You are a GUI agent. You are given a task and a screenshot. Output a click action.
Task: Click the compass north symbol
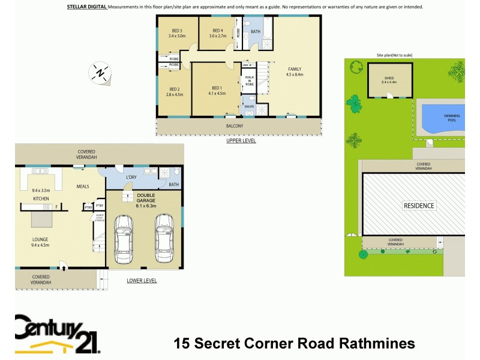pos(100,73)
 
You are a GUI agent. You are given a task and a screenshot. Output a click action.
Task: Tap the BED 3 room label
pos(177,31)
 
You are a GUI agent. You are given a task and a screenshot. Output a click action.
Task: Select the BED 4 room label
pos(217,31)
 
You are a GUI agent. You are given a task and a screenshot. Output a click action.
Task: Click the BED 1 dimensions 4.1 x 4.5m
pos(217,94)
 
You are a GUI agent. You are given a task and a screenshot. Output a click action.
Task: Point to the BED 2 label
pos(175,89)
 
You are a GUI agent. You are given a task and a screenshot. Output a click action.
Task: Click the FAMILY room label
pos(295,69)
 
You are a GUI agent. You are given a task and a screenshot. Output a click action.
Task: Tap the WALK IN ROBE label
pos(249,81)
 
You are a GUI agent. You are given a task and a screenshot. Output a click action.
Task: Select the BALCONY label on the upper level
pos(235,126)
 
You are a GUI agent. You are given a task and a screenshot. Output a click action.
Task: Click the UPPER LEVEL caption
pos(241,142)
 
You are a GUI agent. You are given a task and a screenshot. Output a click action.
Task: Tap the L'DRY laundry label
pos(132,178)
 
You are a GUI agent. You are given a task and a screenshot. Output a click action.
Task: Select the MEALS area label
pos(83,186)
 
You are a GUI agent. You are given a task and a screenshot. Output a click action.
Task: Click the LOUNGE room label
pos(40,239)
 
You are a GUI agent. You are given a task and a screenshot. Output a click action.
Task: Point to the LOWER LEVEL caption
pos(142,280)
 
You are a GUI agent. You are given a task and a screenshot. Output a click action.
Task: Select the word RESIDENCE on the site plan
pos(418,206)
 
